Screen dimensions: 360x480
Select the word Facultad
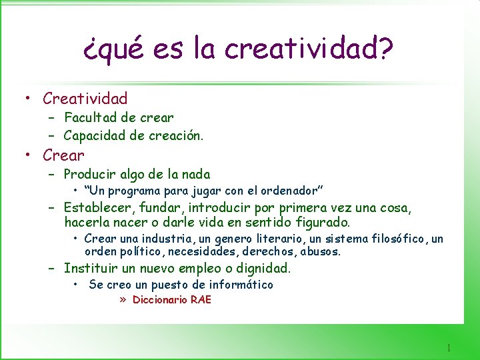click(91, 117)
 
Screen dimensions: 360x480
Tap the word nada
click(195, 175)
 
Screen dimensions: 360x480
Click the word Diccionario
click(160, 299)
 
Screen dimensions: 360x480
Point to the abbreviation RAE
click(201, 299)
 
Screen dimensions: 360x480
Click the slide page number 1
click(449, 347)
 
